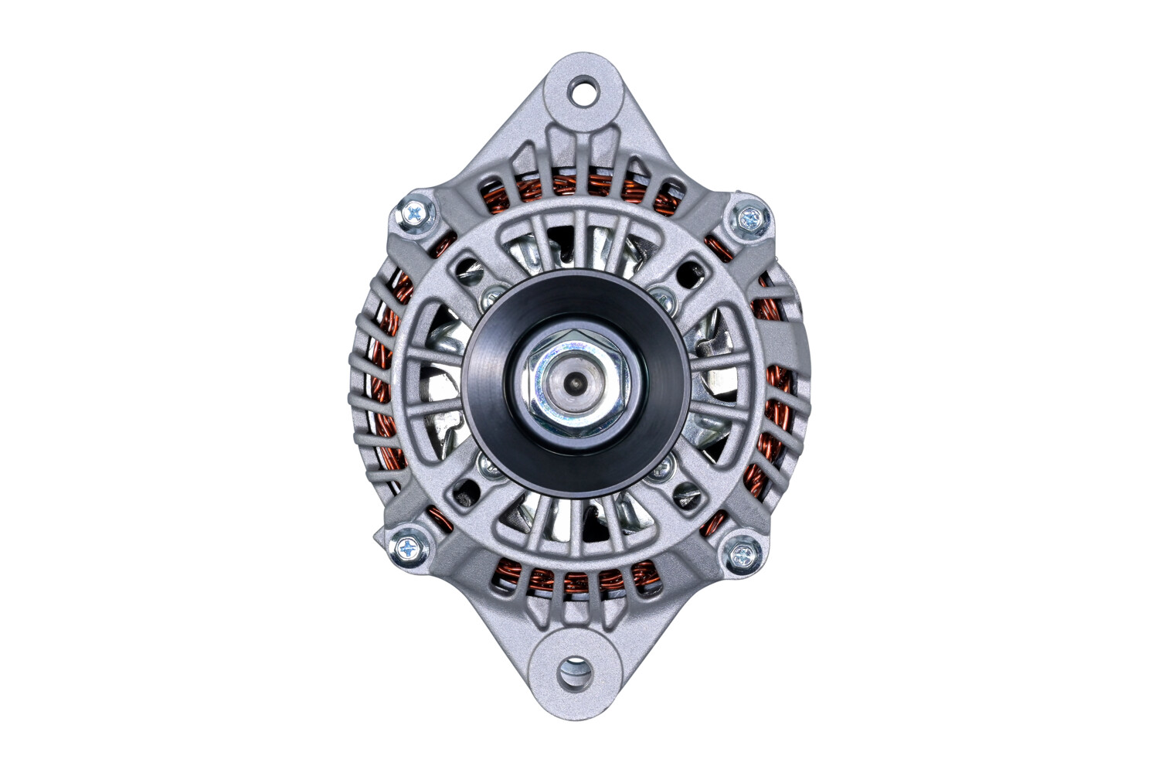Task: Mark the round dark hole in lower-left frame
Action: coord(465,490)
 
